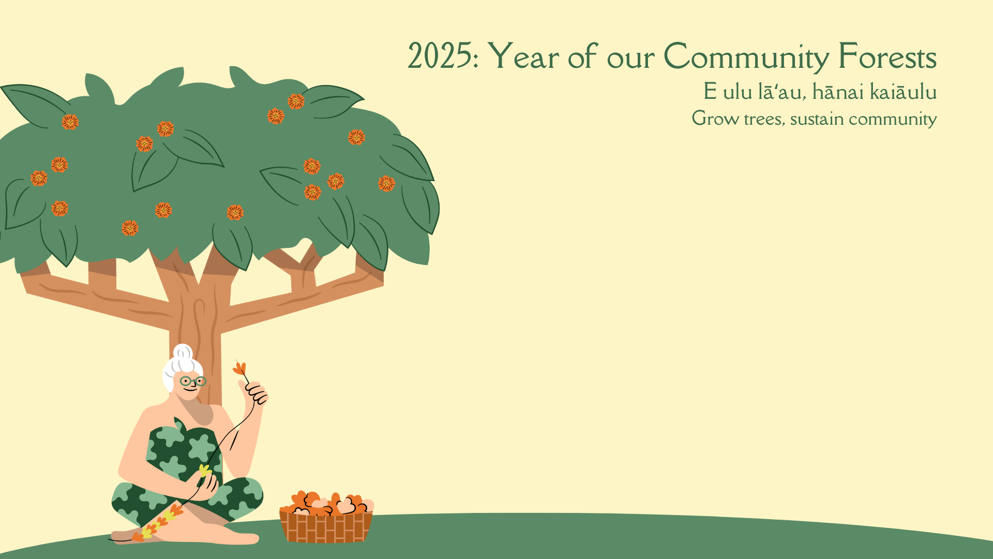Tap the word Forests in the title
(887, 56)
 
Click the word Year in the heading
(523, 56)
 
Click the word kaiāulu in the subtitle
(904, 92)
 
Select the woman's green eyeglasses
(193, 381)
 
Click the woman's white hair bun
(183, 354)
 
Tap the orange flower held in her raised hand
(239, 368)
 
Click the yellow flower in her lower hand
(205, 470)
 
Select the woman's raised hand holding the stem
(254, 392)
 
